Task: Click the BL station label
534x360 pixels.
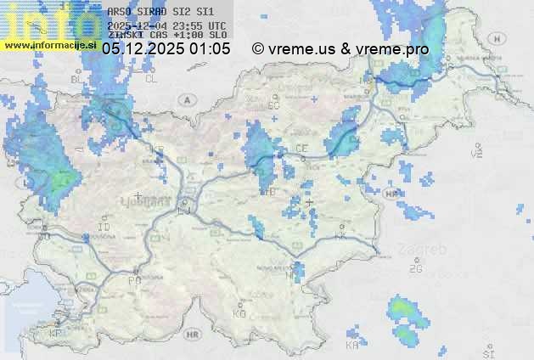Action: coord(76,79)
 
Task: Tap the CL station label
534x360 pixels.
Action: coord(151,79)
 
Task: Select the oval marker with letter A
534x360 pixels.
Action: coord(186,99)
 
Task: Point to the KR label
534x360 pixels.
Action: coord(158,150)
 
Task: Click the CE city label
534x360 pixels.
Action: coord(301,148)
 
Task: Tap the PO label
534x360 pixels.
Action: coord(134,279)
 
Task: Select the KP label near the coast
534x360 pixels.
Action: coord(57,334)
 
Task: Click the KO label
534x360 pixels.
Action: coord(239,313)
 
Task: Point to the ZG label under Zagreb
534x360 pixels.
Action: coord(415,269)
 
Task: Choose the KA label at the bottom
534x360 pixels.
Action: coord(352,346)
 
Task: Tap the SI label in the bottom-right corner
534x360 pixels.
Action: coord(488,352)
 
